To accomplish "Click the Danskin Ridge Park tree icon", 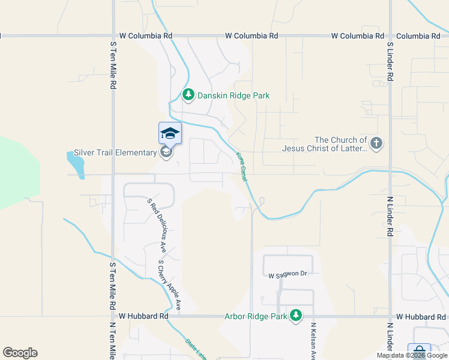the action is click(x=188, y=95).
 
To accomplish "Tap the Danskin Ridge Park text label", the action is click(x=234, y=95).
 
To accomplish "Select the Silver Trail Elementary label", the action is click(x=115, y=152).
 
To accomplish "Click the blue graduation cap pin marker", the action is click(x=170, y=134).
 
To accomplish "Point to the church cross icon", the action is click(x=376, y=143).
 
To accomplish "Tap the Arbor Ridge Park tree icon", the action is click(x=295, y=315).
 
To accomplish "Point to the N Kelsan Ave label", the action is click(x=313, y=341).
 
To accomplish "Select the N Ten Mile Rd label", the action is click(x=112, y=341).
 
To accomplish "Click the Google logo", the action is click(x=20, y=353).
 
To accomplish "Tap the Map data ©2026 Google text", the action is click(x=412, y=355).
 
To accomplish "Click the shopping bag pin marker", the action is click(x=418, y=352).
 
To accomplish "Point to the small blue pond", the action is click(x=75, y=163).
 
